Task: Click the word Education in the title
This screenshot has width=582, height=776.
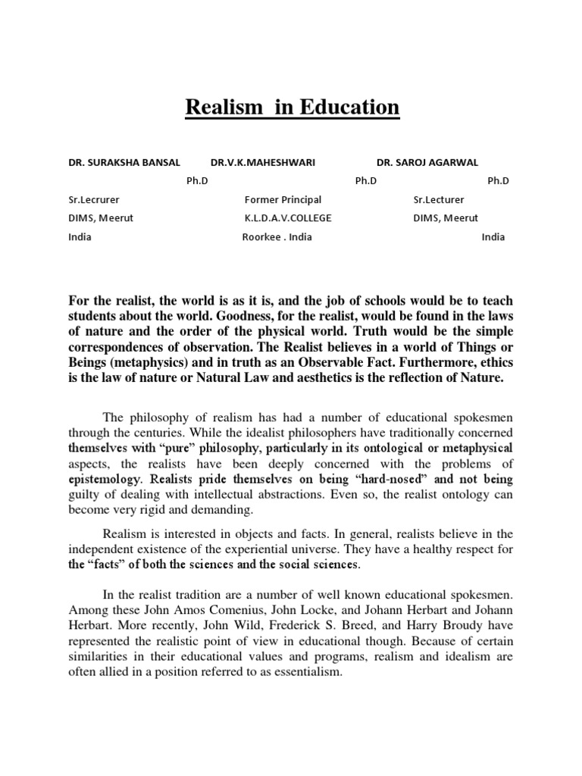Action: pos(351,108)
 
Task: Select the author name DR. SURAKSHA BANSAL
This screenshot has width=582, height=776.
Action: pos(124,162)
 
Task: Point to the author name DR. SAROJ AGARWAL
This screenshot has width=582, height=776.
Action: pos(427,162)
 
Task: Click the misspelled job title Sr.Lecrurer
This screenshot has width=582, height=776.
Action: pos(94,199)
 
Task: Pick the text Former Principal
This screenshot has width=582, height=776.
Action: pos(283,199)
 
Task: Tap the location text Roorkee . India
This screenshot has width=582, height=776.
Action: pos(277,236)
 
